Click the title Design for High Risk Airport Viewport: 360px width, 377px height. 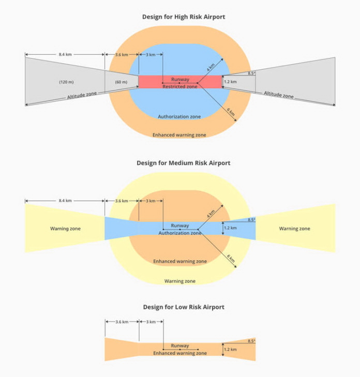pos(184,17)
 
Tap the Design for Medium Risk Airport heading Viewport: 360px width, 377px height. pos(184,163)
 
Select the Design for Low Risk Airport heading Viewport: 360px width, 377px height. pos(184,307)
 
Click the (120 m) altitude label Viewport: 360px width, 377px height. pos(66,82)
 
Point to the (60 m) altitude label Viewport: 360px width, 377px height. pos(121,82)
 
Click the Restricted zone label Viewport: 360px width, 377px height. pos(180,86)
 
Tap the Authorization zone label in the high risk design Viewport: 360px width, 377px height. pos(179,116)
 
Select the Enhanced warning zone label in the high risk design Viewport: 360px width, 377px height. pos(179,135)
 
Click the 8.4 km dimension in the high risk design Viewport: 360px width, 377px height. pos(65,55)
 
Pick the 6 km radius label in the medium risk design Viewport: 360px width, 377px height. pos(231,259)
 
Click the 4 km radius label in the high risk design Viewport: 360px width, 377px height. pos(211,67)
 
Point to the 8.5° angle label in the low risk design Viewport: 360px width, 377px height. pos(251,341)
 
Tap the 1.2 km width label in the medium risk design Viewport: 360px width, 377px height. pos(230,228)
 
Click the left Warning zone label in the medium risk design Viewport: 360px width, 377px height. pos(65,229)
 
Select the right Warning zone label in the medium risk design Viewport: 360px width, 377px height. pos(295,229)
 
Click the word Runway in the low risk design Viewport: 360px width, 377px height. pos(180,345)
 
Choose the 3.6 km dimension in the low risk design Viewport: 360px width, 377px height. pos(122,322)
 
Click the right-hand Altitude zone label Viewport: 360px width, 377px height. pos(279,95)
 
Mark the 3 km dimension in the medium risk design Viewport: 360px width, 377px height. pos(151,201)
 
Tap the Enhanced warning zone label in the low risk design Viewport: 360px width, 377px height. pos(180,353)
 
